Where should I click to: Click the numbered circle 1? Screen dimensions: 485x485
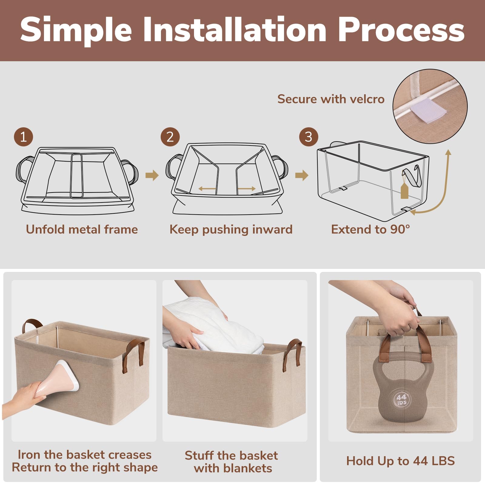(23, 137)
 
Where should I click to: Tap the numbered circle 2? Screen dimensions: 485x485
(170, 137)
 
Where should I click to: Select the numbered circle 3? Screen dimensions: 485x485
(309, 137)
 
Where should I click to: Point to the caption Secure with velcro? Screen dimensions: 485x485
(331, 99)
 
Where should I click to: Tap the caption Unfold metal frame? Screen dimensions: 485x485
(82, 229)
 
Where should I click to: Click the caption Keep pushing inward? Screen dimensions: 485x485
(231, 230)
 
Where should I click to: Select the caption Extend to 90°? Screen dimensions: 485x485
(370, 229)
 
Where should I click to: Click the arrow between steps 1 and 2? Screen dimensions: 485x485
(152, 175)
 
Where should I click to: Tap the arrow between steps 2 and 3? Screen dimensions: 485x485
(302, 175)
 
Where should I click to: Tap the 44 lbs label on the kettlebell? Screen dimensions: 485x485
(401, 400)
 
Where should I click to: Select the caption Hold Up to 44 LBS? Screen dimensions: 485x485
(400, 461)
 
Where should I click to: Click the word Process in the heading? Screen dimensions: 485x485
(401, 30)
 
